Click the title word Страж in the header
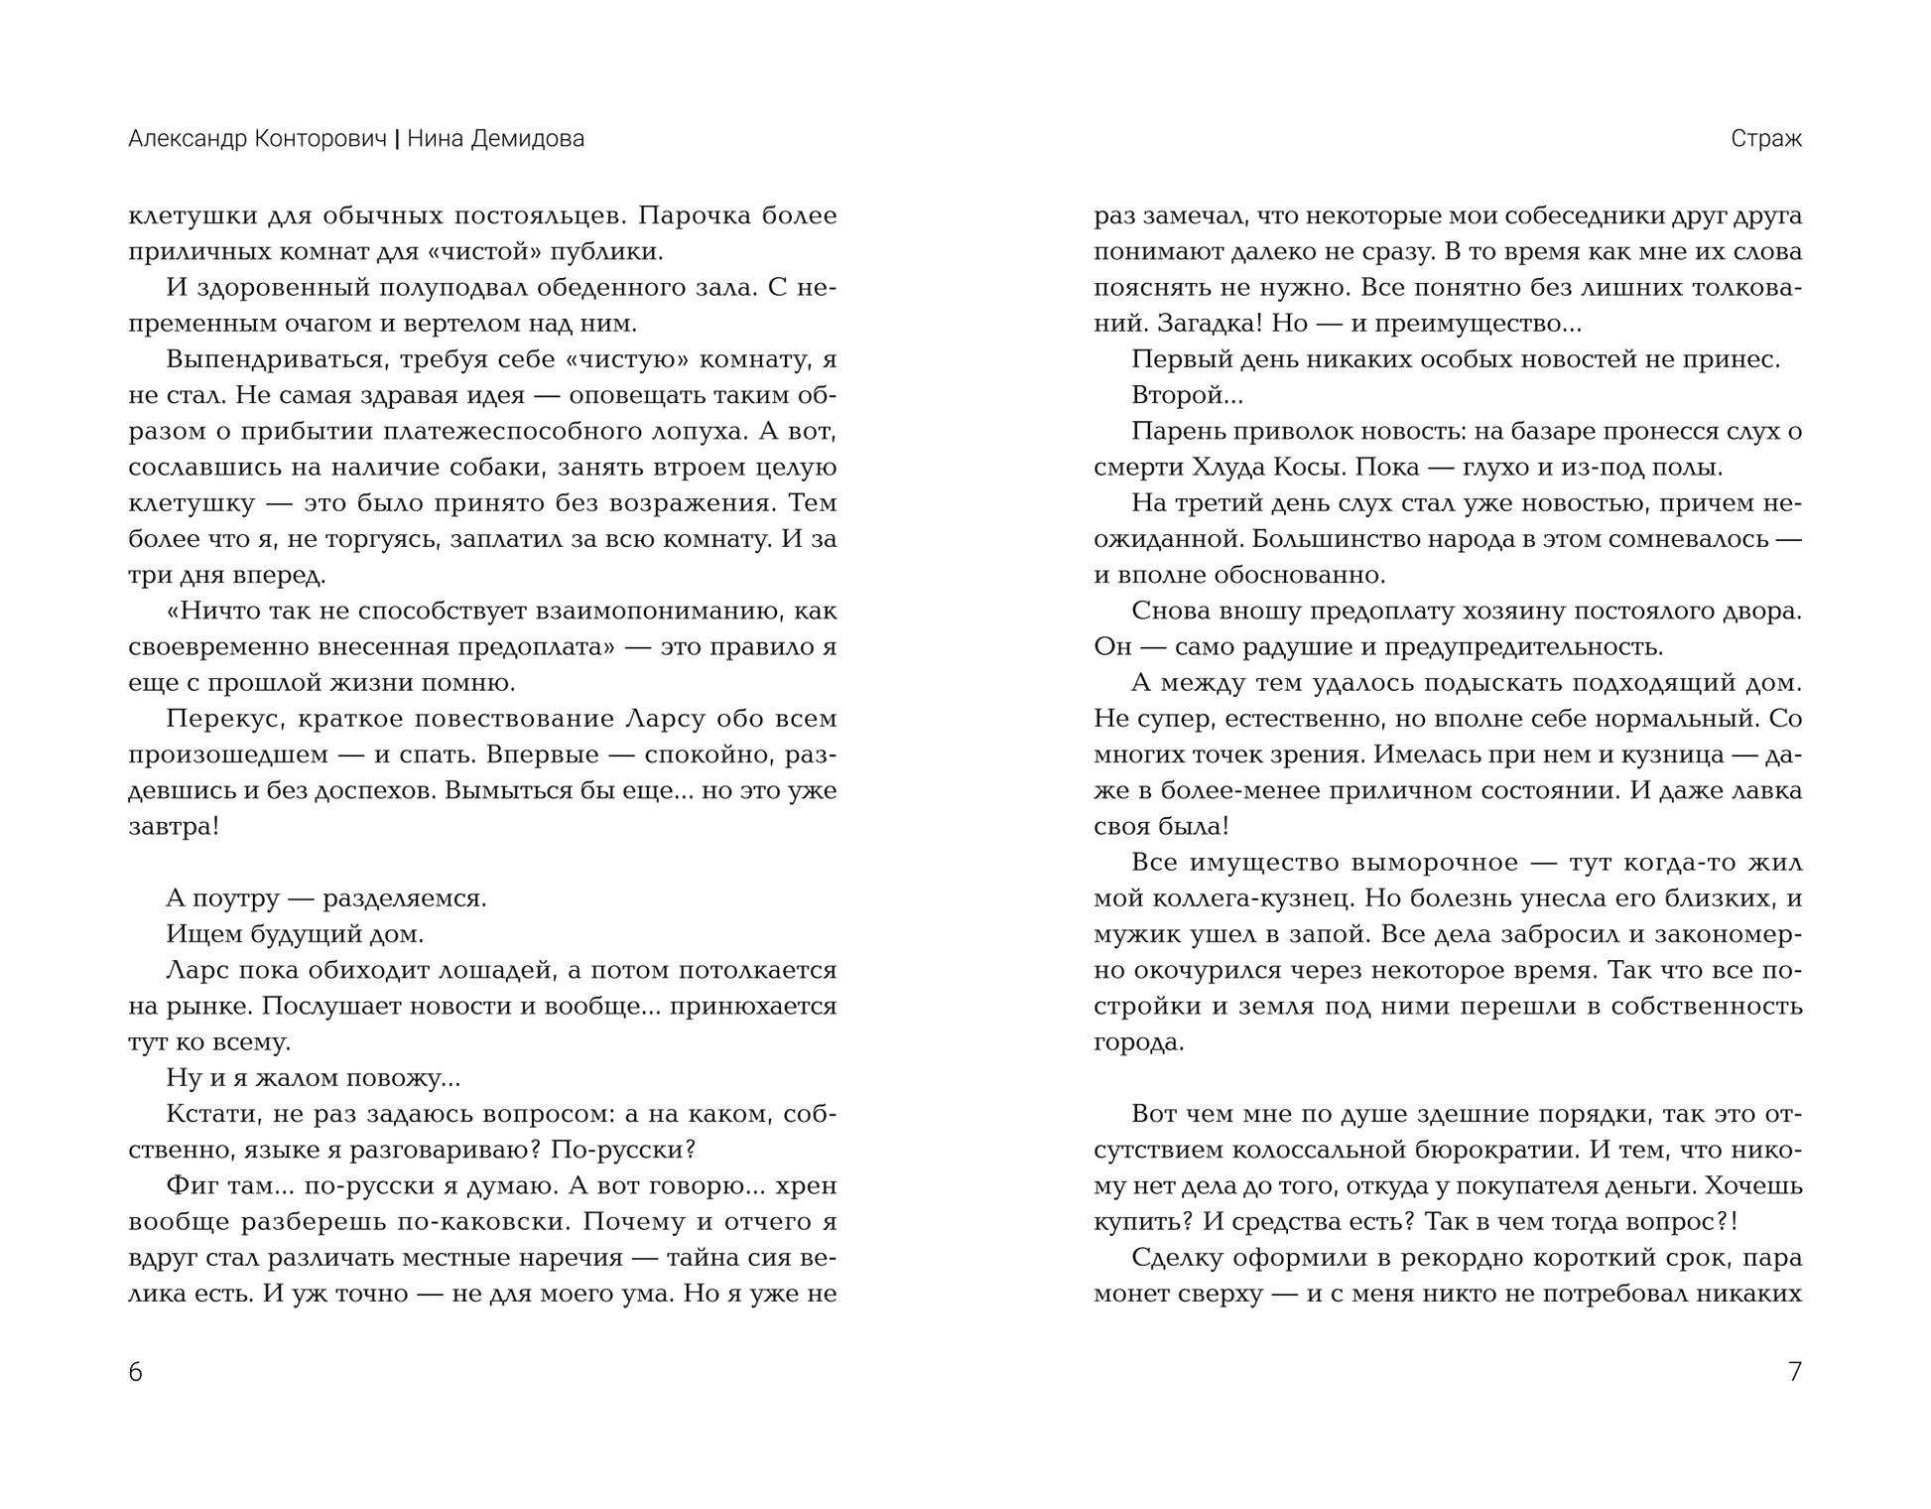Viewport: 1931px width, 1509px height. click(1765, 139)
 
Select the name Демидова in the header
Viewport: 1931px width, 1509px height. click(527, 139)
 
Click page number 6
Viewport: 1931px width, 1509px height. click(136, 1372)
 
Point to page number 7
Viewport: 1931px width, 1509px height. click(1794, 1372)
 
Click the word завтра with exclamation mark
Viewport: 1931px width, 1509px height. click(174, 826)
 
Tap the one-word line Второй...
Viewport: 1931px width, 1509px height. click(1187, 395)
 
